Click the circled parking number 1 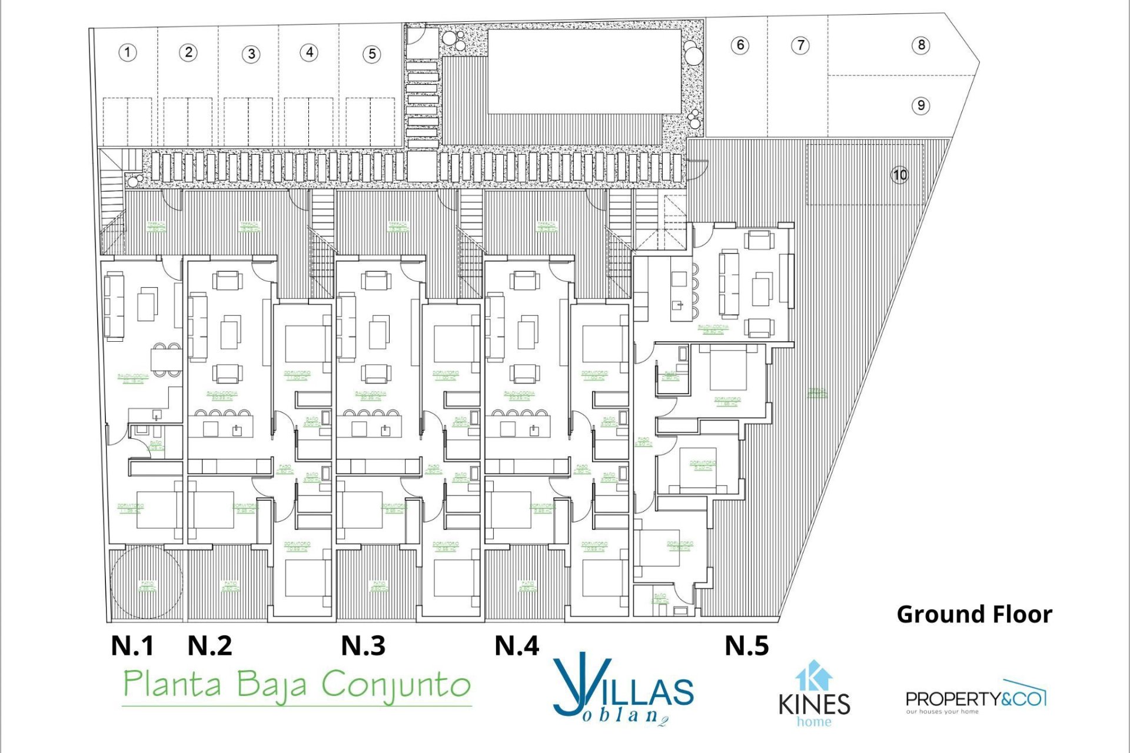pos(128,52)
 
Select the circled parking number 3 pos(251,54)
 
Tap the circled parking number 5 pos(372,54)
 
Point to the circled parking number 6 pos(740,45)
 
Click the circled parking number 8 pos(921,45)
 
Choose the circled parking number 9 pos(921,105)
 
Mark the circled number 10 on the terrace pos(900,175)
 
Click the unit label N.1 pos(132,646)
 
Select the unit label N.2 pos(210,646)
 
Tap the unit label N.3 pos(363,646)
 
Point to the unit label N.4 pos(517,646)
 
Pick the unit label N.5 pos(747,646)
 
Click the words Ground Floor pos(974,614)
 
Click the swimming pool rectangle pos(584,71)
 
